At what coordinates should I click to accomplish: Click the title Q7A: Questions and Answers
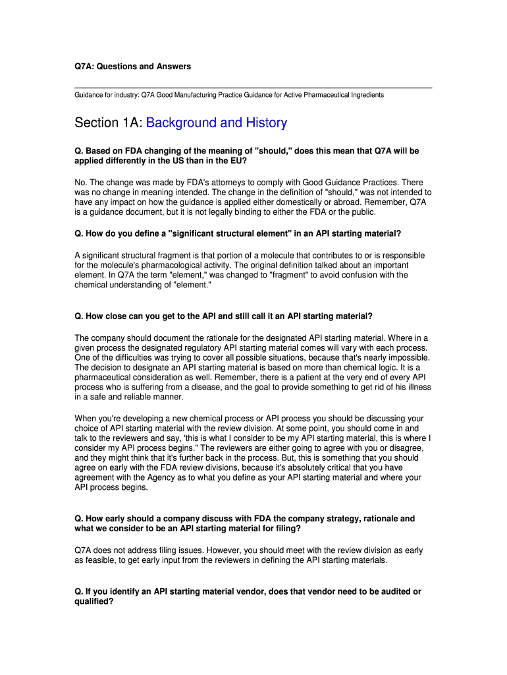(132, 66)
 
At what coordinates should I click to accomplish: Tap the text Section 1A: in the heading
(108, 123)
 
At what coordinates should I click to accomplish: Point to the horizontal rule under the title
(254, 88)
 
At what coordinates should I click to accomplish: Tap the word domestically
(312, 202)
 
